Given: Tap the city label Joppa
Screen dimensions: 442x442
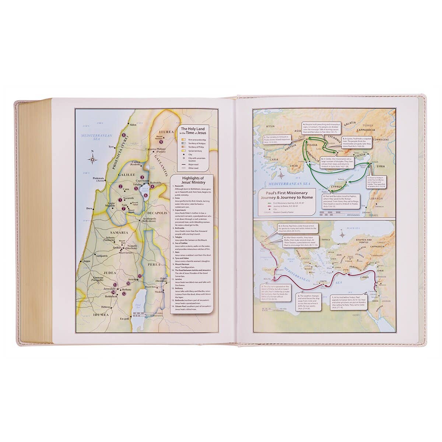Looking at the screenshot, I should [87, 261].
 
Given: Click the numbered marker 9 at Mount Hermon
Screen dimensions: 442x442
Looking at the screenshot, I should [161, 141].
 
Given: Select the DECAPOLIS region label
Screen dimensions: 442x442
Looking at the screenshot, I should [158, 213].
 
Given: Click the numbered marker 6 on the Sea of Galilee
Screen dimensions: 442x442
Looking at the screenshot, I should [146, 196].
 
